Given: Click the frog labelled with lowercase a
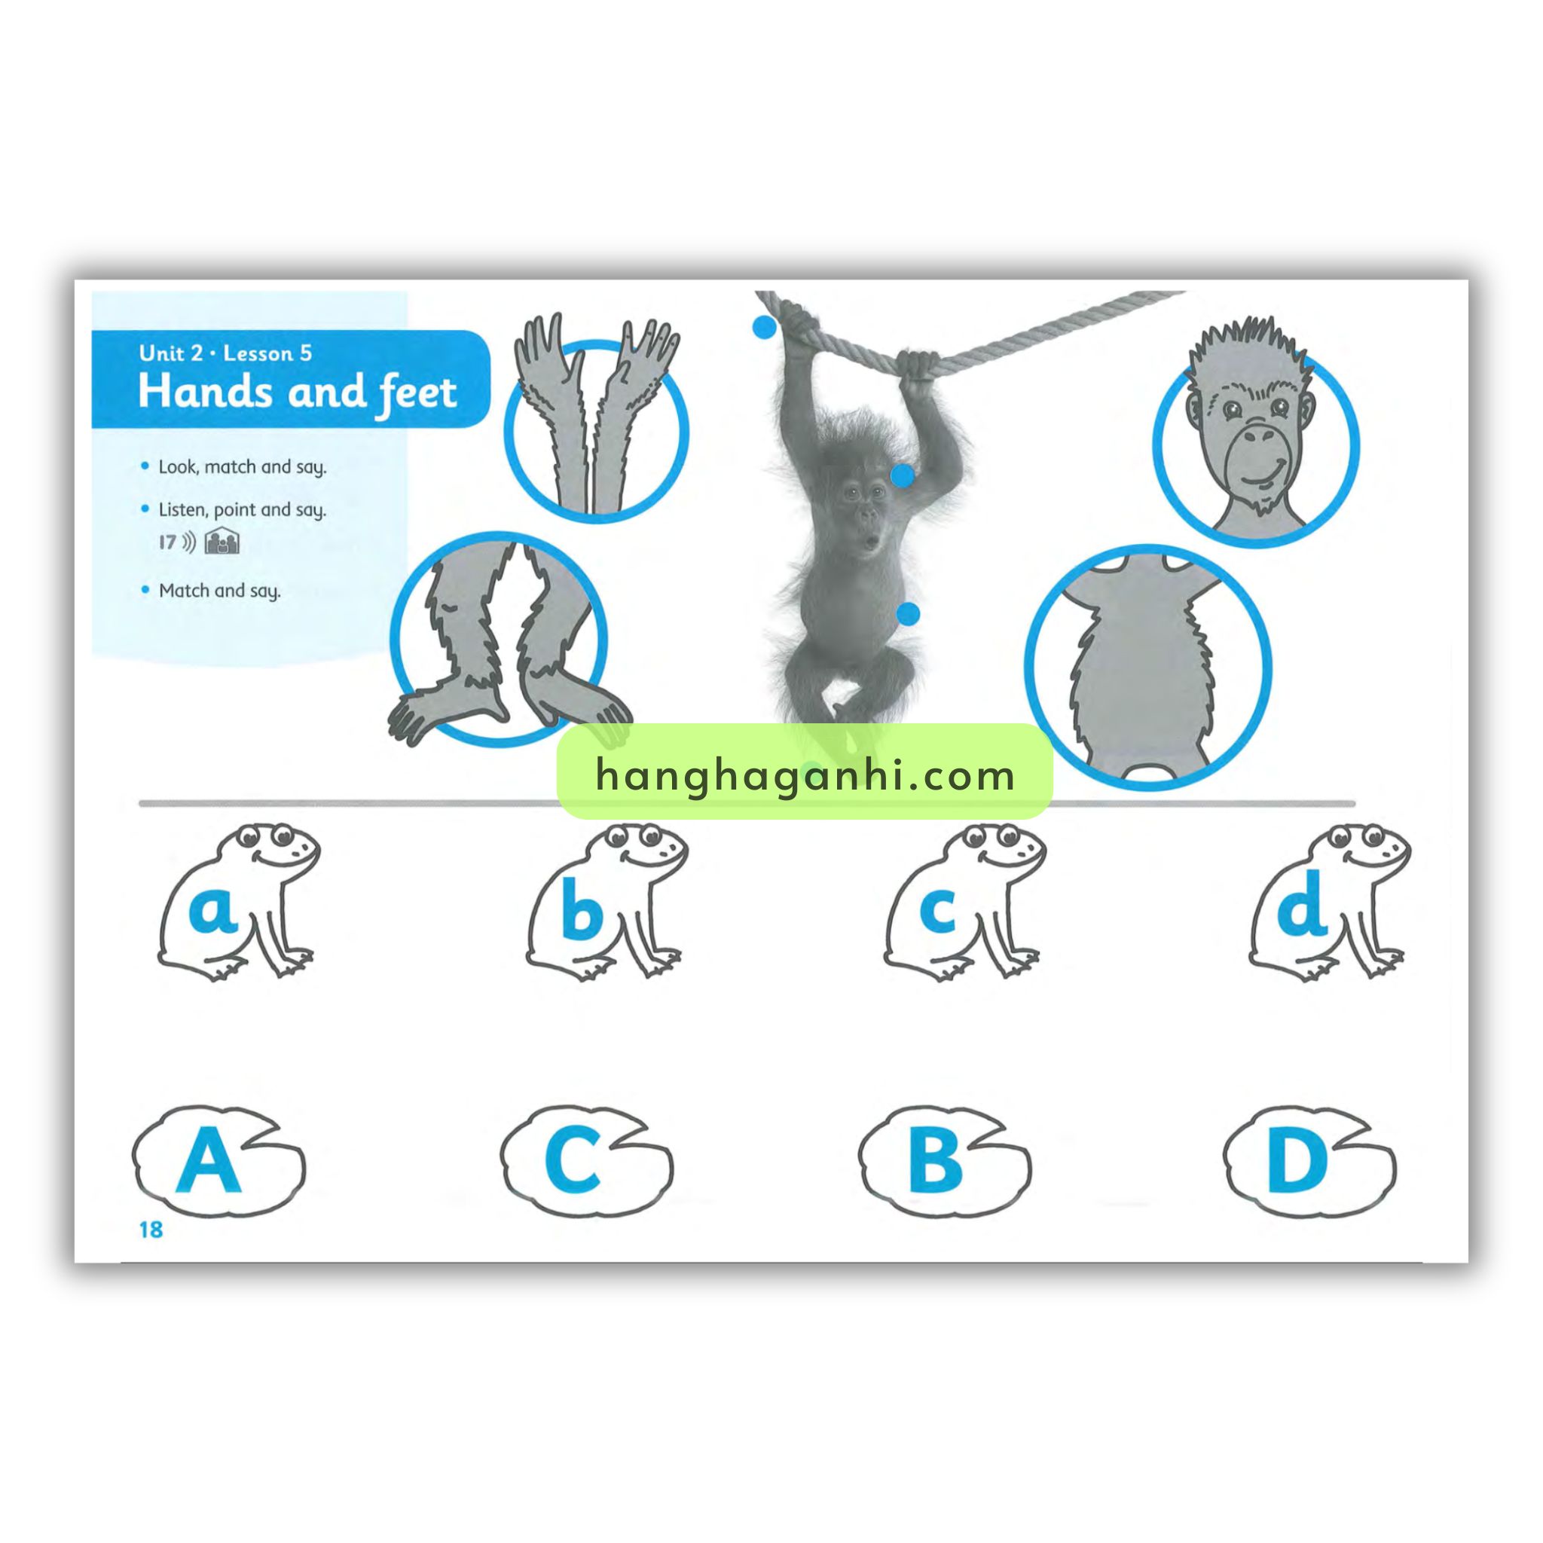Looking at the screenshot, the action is coord(238,902).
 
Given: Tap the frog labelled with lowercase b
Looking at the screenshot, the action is coord(607,902).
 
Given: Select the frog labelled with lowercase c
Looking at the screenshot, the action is coord(965,902).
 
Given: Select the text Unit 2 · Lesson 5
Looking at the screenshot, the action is coord(225,354).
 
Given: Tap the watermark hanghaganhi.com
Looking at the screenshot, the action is coord(805,775).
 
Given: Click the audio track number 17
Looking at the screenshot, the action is coord(167,542).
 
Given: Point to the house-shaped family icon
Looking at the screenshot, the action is coord(222,542).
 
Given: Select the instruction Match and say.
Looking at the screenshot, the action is coord(220,591).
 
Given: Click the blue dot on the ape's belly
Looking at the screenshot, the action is coord(908,613).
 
